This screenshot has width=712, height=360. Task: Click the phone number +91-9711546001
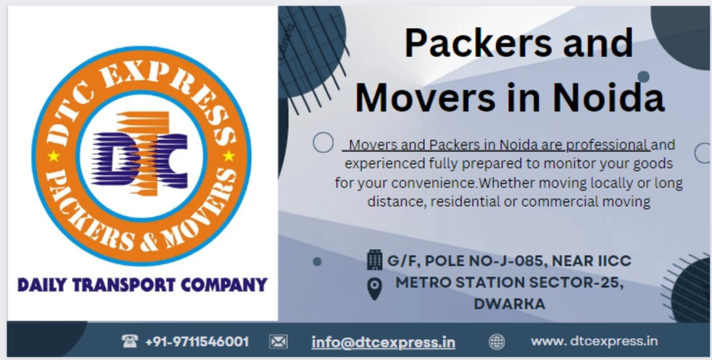click(197, 342)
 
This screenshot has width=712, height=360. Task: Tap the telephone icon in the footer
click(129, 341)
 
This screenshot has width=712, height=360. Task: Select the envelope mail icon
click(278, 341)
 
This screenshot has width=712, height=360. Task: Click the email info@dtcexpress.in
click(383, 342)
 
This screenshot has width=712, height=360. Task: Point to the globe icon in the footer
click(496, 342)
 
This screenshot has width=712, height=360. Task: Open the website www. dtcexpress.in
click(594, 341)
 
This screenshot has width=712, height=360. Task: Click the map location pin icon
click(375, 289)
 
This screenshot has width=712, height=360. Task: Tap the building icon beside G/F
click(374, 260)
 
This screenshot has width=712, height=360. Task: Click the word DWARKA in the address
click(509, 304)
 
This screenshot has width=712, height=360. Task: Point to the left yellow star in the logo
click(53, 157)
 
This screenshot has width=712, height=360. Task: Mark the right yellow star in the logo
click(228, 156)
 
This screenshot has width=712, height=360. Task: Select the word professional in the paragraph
click(607, 145)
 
